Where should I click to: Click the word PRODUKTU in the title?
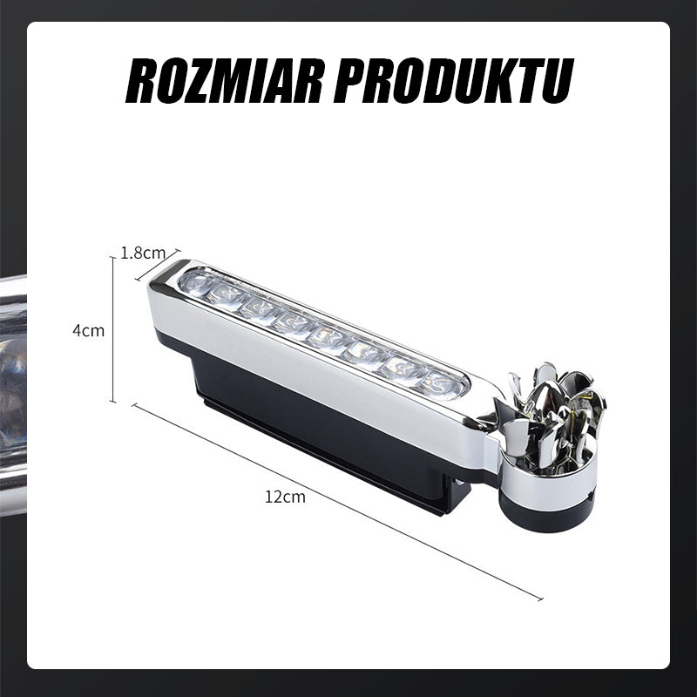tap(454, 82)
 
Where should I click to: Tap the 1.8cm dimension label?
tap(143, 253)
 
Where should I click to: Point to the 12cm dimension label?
tap(286, 497)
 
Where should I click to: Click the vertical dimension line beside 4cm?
tap(113, 330)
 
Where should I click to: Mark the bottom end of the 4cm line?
tap(113, 401)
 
